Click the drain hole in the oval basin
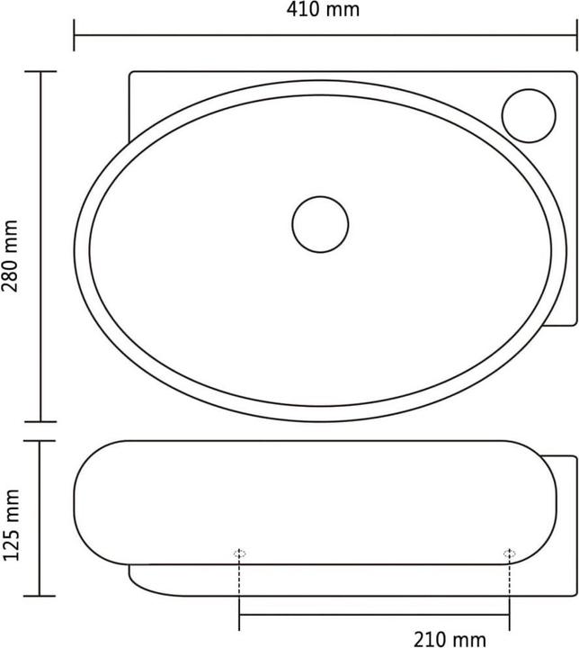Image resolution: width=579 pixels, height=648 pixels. click(x=320, y=223)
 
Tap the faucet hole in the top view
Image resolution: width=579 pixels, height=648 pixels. click(x=529, y=116)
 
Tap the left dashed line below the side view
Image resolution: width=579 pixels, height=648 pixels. click(x=239, y=585)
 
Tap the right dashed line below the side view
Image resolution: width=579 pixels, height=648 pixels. click(x=509, y=585)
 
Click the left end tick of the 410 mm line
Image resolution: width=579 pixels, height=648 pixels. click(x=74, y=37)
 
